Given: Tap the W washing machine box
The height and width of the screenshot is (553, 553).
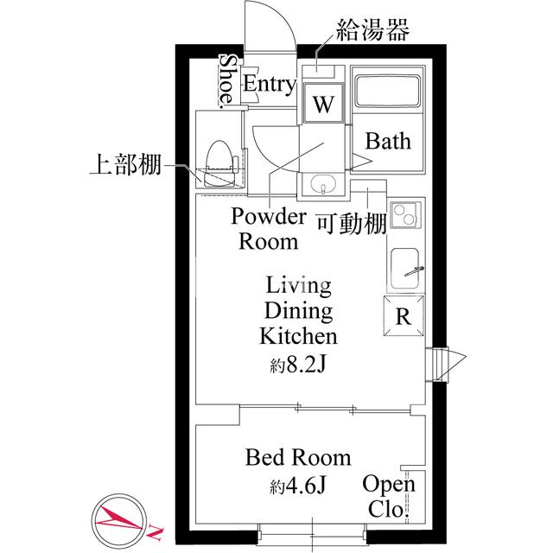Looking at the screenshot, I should [x=323, y=105].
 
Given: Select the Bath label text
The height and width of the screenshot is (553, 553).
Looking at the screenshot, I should [x=388, y=141].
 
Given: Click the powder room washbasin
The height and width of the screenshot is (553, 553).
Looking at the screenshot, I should [x=323, y=185].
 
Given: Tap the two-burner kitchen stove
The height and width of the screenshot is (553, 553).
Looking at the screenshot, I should [x=404, y=215].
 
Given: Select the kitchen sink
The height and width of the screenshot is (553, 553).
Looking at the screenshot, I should [x=404, y=269].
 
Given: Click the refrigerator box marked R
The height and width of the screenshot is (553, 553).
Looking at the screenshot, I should [x=404, y=315].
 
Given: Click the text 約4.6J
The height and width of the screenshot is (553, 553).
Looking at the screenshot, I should [x=298, y=486].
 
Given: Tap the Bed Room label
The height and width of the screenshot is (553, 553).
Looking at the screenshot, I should [x=298, y=457].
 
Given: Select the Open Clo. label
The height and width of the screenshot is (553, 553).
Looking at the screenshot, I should [x=389, y=497].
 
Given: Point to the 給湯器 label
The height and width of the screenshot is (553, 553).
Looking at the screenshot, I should [x=371, y=32].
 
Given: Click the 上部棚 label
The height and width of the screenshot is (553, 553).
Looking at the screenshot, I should [x=126, y=164].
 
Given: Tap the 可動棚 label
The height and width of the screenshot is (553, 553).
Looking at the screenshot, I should [x=350, y=223].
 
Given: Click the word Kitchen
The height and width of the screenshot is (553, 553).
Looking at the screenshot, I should [x=298, y=335].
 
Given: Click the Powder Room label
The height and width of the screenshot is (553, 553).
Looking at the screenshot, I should [x=269, y=228].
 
